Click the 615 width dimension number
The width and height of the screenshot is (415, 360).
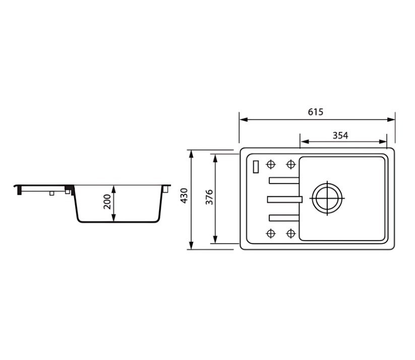tap(316, 112)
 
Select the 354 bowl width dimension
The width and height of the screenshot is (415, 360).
tap(340, 136)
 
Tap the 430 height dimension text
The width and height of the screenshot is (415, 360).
tap(184, 196)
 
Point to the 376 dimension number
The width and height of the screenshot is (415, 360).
tap(209, 197)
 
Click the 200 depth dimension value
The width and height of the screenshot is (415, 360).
tap(107, 202)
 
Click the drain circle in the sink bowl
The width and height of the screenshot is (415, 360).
tap(327, 198)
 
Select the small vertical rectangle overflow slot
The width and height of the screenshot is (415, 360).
tap(256, 167)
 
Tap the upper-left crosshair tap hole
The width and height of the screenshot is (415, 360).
tap(270, 164)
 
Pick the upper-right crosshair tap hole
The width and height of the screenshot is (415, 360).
tap(291, 164)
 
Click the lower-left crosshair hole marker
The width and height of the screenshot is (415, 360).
tap(270, 233)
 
